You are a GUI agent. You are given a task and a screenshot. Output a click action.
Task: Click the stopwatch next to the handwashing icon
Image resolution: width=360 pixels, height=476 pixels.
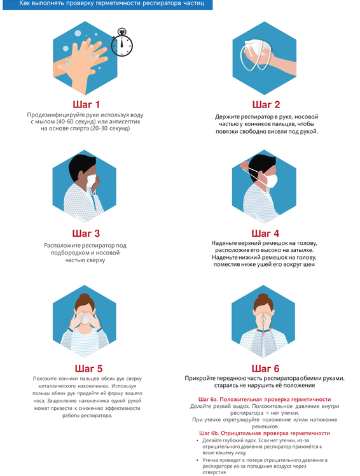[x=121, y=43]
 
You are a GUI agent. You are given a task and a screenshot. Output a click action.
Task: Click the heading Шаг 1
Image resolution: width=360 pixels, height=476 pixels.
[x=87, y=105]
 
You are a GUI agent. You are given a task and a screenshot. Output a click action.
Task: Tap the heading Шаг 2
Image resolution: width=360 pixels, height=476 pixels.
[x=267, y=105]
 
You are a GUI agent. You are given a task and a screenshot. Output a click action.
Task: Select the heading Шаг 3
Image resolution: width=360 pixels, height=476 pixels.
[x=86, y=234]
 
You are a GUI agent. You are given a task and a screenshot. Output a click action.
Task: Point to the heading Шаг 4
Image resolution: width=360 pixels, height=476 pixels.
[x=265, y=234]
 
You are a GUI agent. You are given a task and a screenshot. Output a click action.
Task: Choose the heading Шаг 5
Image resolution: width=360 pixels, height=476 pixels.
[x=88, y=368]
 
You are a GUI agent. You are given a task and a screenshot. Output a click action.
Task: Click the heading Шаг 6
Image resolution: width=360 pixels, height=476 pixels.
[x=265, y=368]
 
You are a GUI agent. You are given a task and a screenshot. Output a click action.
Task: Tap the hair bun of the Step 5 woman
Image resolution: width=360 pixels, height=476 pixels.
[x=84, y=297]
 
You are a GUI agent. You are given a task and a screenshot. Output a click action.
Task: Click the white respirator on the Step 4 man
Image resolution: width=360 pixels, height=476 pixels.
[x=272, y=180]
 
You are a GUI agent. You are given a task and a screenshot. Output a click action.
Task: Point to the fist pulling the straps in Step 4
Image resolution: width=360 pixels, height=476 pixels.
[x=244, y=165]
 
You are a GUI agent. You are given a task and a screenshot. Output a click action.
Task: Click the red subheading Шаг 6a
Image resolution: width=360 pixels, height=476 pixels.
[x=265, y=400]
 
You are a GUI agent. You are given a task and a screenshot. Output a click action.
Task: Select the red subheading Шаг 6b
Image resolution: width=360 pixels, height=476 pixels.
[x=265, y=433]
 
